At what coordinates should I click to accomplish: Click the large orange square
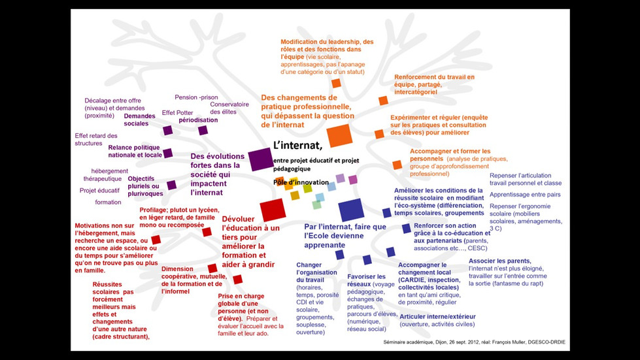tap(339, 134)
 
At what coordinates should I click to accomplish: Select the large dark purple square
tap(260, 159)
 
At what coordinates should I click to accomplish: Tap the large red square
tap(271, 210)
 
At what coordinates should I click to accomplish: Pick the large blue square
tap(351, 210)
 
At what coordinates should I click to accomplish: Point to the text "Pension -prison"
tap(196, 97)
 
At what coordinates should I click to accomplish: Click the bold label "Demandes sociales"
tap(140, 120)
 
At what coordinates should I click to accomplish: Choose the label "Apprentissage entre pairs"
tap(525, 195)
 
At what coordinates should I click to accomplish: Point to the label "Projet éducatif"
tap(99, 190)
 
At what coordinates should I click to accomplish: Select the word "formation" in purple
tap(108, 202)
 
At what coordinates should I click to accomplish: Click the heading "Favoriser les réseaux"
tap(368, 281)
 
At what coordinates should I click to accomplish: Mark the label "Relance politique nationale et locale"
tap(135, 151)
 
